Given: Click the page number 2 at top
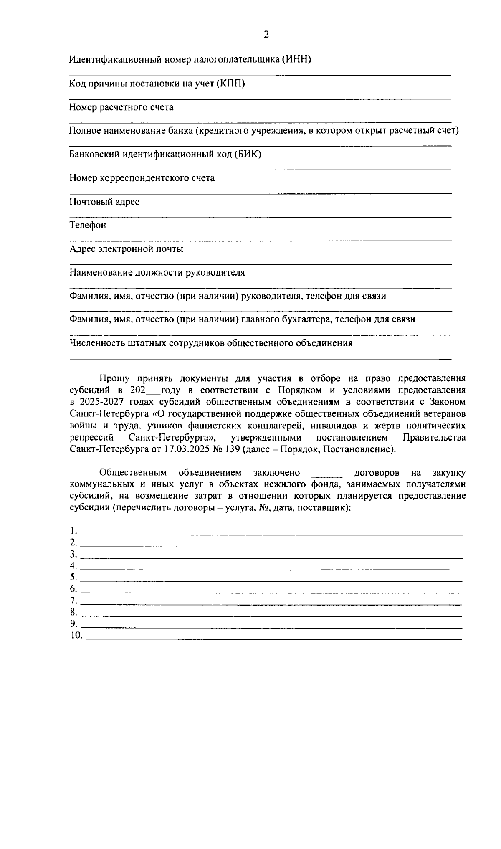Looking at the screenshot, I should pyautogui.click(x=266, y=35).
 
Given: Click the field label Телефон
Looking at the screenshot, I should pyautogui.click(x=88, y=226).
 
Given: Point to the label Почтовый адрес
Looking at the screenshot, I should pyautogui.click(x=104, y=202).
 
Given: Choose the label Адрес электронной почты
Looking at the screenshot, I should pyautogui.click(x=126, y=249).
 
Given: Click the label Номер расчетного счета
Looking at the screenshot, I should pyautogui.click(x=121, y=107).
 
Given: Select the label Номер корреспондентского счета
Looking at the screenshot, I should pyautogui.click(x=142, y=178).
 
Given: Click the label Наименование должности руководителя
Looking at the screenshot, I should pyautogui.click(x=157, y=273).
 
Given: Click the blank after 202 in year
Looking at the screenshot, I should pyautogui.click(x=152, y=392).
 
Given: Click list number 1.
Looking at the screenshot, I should pyautogui.click(x=73, y=531).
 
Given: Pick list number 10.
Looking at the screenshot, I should pyautogui.click(x=76, y=636).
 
